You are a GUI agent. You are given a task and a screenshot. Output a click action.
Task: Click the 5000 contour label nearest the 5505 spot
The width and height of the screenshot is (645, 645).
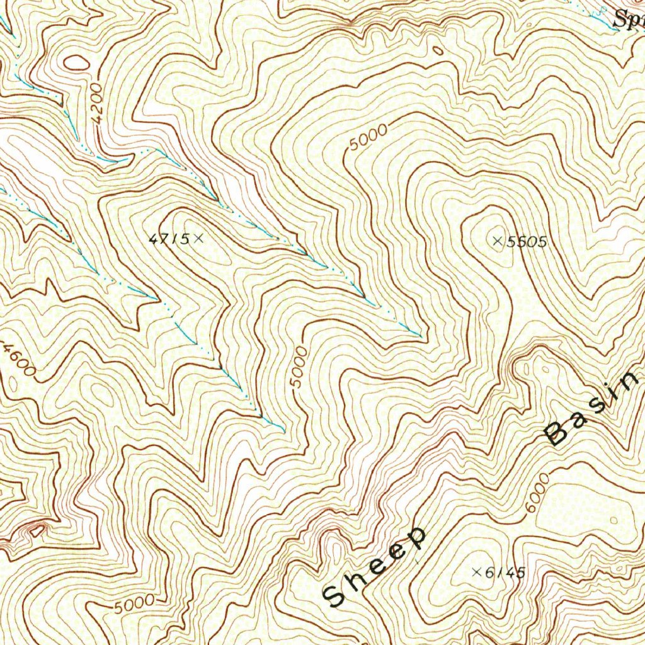367,137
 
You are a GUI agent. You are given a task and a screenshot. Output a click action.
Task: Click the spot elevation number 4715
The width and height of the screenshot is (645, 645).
169,239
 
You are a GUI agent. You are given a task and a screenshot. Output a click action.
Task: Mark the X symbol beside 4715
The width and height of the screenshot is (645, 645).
199,238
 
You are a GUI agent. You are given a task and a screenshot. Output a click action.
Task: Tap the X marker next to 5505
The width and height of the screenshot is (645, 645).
497,241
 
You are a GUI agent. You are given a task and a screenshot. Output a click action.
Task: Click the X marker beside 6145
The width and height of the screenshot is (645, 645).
476,572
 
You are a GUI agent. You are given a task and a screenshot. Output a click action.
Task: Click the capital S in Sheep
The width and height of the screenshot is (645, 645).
334,595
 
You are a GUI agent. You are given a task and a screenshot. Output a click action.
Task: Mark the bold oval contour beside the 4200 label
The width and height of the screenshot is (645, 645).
76,62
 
